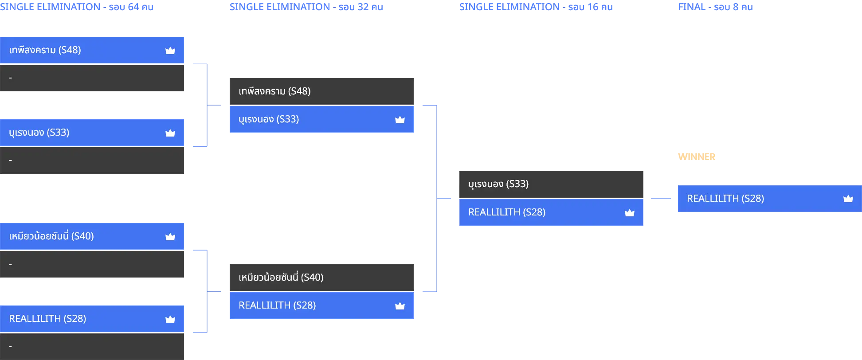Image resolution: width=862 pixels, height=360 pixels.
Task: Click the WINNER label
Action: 697,157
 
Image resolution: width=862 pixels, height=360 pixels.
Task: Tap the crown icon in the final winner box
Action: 848,199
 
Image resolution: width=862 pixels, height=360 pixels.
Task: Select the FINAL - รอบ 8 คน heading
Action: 715,7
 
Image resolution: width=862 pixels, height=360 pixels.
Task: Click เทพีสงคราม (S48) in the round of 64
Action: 45,50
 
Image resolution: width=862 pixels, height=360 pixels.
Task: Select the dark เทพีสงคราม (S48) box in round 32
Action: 321,91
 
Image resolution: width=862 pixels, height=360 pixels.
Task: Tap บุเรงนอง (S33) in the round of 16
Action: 498,184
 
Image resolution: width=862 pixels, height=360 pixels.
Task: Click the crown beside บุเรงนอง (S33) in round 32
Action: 400,120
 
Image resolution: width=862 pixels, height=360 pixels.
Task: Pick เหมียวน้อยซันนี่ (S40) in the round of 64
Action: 51,236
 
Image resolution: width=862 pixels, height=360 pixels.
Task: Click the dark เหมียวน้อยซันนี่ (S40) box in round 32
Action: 321,278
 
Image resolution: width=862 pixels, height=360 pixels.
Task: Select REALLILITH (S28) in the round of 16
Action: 507,212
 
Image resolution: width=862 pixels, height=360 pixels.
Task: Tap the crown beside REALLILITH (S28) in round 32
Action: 400,306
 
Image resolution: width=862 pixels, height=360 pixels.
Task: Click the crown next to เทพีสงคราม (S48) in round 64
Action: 170,51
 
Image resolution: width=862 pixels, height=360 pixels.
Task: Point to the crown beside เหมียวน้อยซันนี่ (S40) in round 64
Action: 170,237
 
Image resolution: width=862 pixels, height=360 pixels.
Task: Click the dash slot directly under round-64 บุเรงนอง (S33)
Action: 92,160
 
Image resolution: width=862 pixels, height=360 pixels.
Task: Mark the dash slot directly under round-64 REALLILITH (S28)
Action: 92,347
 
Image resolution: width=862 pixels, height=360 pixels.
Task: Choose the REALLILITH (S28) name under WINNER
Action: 725,199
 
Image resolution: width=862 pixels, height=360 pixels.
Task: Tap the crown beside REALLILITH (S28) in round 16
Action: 630,213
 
